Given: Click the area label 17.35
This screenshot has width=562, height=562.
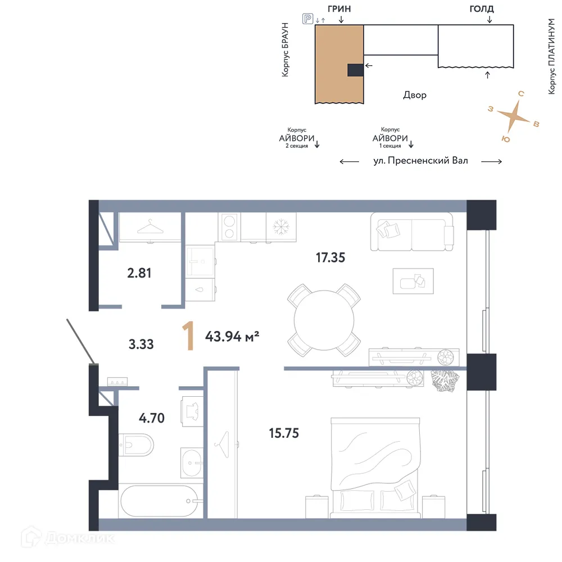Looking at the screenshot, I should click(330, 258).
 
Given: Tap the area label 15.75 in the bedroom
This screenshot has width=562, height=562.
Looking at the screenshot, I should click(284, 433).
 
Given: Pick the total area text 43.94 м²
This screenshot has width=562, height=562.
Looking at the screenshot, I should click(232, 337).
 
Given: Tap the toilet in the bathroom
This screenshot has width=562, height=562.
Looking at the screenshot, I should click(137, 445).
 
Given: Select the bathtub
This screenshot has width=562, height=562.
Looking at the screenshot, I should click(159, 500).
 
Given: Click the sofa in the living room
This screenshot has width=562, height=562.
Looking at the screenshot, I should click(411, 232).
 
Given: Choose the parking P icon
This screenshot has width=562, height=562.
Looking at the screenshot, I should click(307, 19).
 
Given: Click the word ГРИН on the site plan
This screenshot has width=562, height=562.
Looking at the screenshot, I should click(342, 9).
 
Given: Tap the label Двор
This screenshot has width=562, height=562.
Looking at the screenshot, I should click(414, 95).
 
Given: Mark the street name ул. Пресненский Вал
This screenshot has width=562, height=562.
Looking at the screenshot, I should click(420, 161).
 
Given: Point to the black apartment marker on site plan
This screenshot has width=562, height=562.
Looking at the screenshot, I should click(355, 70).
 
